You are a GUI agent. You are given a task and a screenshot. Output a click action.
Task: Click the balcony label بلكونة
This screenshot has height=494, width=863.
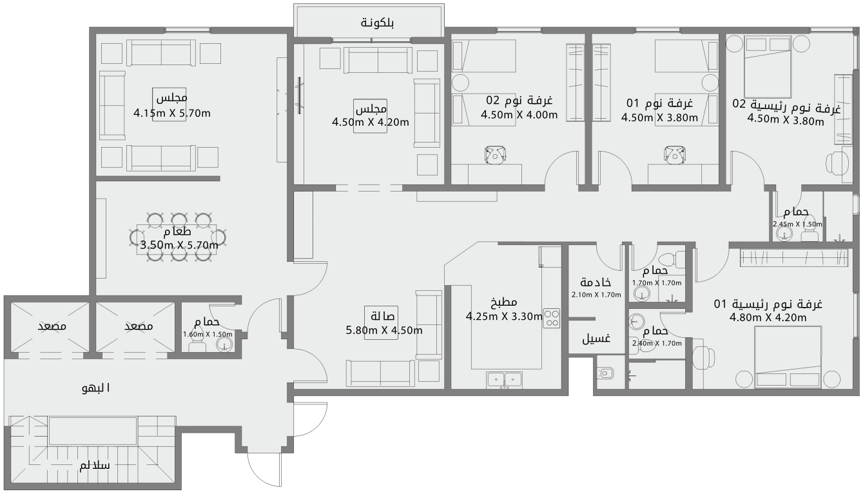coord(377,23)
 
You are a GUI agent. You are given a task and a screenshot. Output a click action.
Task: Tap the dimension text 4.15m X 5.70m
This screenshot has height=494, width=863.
coord(172,114)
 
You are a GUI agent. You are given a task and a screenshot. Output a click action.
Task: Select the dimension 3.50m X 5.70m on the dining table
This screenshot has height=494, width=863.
coord(179,244)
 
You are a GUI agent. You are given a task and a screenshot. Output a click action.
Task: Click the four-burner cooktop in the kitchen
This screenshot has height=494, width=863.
coord(552,317)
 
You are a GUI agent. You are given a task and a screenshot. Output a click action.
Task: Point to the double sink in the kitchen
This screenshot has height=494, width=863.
coord(504,380)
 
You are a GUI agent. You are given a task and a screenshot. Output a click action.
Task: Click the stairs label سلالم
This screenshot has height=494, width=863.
coord(94,465)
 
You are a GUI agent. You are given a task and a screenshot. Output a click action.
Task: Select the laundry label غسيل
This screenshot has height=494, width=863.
coord(596,339)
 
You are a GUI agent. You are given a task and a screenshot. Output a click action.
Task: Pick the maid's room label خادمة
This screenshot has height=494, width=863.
coord(596,282)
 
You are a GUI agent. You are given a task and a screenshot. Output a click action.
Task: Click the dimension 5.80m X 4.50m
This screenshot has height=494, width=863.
coord(384,331)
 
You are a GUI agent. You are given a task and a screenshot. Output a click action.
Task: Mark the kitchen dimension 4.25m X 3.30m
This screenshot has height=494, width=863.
coord(504,316)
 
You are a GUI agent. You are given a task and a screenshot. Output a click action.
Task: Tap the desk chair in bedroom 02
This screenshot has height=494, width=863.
coord(496,154)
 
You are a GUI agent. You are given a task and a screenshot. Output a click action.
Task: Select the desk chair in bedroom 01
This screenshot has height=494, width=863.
coord(674,154)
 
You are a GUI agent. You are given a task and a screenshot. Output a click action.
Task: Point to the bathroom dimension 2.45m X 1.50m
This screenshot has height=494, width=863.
coord(798,224)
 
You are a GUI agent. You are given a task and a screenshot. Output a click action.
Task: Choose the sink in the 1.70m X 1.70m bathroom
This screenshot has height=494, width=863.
coord(641,294)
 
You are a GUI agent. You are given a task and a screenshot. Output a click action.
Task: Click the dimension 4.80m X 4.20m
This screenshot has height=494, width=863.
coord(768,317)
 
